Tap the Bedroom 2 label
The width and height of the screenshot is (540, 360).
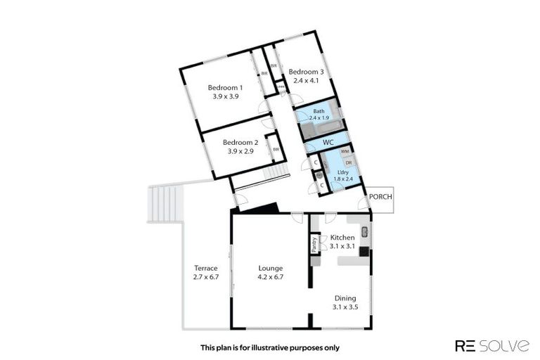pos(240,142)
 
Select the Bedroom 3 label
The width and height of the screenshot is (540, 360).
pos(306,72)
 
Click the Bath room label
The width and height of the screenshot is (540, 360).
pos(319,111)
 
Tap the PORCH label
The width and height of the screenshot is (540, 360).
pos(380,197)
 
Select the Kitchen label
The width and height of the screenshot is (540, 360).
pos(342,237)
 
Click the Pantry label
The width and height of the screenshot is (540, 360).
pos(314,245)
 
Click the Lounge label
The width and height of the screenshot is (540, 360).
pos(270,268)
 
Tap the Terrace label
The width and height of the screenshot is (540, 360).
pos(206,268)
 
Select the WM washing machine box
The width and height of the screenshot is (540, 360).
pos(345,152)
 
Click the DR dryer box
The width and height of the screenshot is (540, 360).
pos(348,162)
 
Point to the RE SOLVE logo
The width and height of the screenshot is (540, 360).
pos(491,345)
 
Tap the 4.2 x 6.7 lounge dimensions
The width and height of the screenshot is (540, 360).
pos(270,277)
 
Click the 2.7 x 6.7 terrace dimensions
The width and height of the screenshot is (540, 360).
pos(206,277)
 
